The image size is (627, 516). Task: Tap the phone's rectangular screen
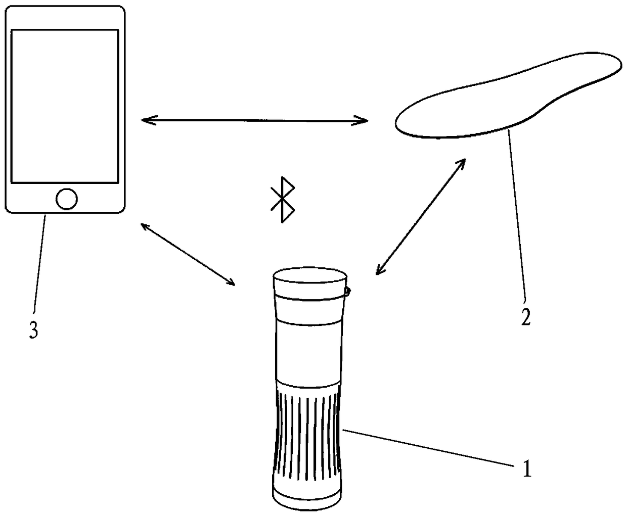click(65, 106)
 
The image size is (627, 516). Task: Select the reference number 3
click(33, 331)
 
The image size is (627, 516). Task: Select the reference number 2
click(526, 317)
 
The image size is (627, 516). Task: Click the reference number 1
click(527, 470)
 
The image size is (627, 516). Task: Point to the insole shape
click(506, 96)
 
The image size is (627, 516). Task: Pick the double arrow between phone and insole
click(254, 120)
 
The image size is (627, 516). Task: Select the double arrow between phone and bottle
click(188, 254)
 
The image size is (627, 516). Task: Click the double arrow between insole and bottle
click(421, 216)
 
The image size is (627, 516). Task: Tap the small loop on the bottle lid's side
click(348, 291)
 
